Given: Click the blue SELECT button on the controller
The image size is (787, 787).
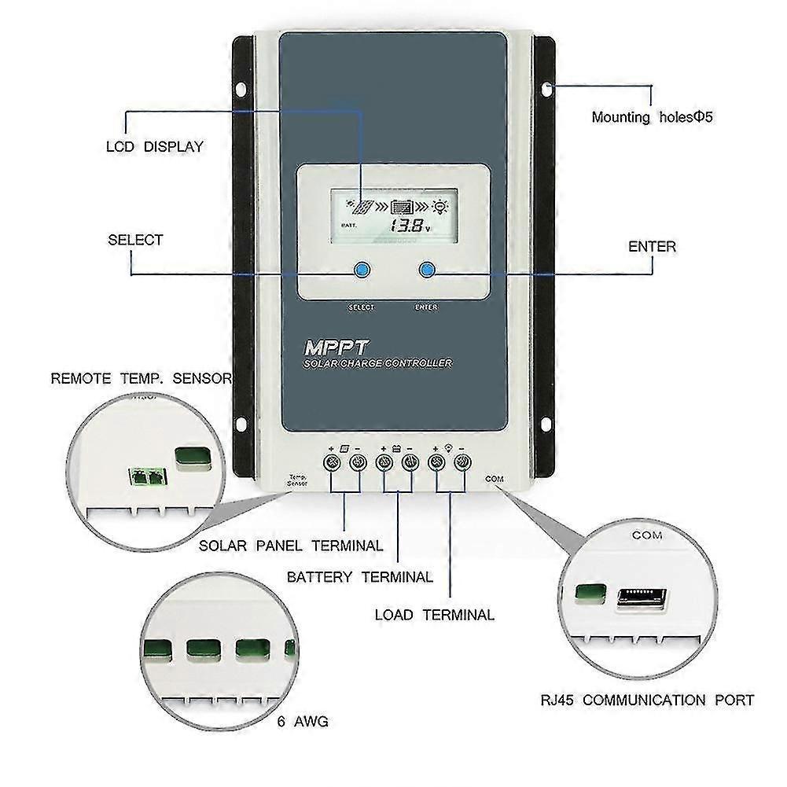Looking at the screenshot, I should point(361,270).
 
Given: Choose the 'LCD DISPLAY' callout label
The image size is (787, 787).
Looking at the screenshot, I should point(154,146).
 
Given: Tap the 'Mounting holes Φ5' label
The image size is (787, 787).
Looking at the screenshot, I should point(652,118).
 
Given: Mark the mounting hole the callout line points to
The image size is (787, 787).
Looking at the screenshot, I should point(548,87).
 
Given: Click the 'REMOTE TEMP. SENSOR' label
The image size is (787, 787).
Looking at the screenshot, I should point(142,378).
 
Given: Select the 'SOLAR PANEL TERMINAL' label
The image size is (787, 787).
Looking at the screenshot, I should point(291,545).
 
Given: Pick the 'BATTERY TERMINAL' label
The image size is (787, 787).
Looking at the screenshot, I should point(359,577).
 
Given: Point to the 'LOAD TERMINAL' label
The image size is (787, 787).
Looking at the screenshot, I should point(434,615).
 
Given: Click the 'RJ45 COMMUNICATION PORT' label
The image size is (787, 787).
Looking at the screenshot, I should point(647,700).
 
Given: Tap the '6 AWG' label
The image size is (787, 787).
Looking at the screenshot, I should point(302,721).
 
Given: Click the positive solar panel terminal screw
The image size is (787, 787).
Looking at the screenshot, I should point(331,461).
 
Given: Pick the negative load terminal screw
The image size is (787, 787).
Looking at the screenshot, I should point(462,461).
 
